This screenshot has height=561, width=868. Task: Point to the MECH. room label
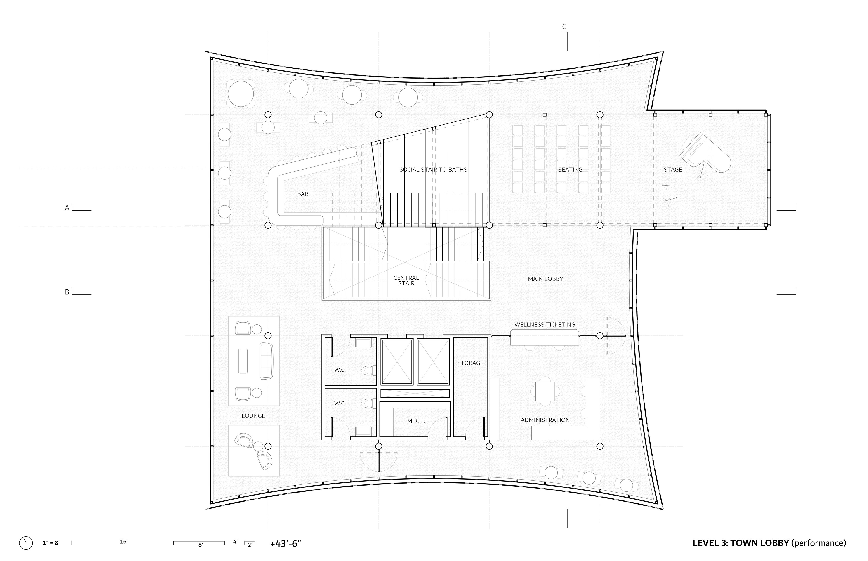416,421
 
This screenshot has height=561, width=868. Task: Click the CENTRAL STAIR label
406,280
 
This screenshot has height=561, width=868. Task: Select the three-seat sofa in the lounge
266,361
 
